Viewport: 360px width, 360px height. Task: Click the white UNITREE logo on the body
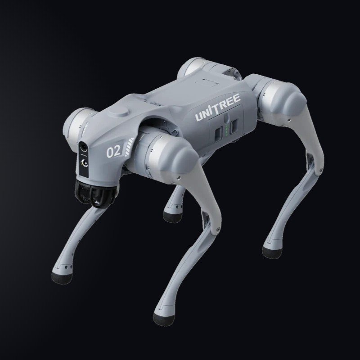[218, 108]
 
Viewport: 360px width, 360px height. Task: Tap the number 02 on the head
[114, 152]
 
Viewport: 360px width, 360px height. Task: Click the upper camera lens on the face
[84, 148]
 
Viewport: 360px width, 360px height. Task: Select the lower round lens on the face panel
[85, 163]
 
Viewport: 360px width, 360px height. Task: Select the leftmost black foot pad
[62, 278]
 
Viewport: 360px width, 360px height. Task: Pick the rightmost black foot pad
[272, 252]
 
